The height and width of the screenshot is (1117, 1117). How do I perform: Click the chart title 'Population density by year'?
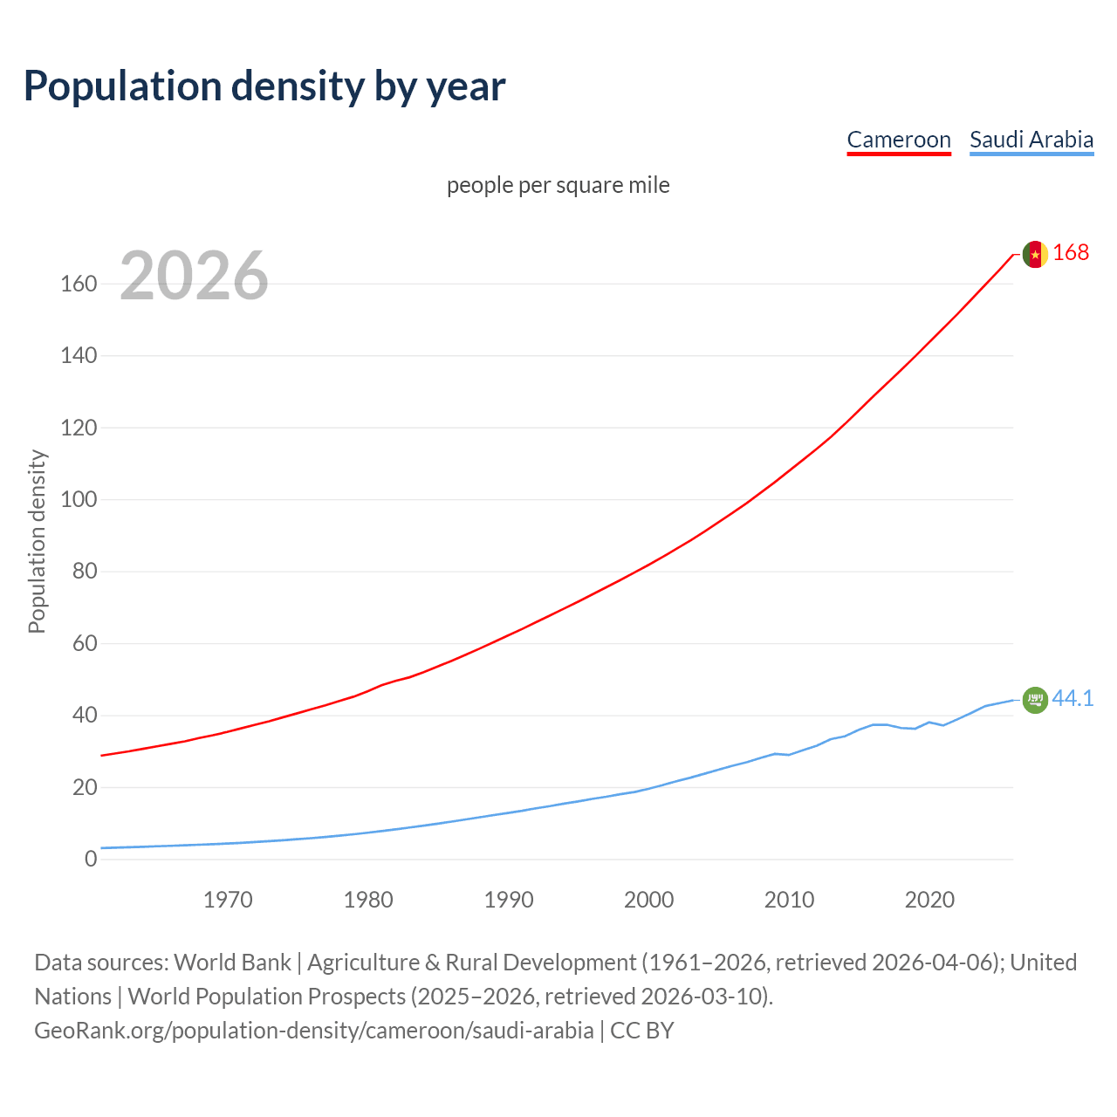[x=264, y=86]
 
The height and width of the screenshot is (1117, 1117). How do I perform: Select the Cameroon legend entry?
[x=899, y=140]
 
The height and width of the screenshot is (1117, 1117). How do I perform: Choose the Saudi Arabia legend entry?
[x=1031, y=140]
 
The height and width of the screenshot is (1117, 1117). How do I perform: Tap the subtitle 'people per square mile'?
[x=558, y=185]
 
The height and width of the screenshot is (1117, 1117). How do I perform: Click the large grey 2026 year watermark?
[x=194, y=276]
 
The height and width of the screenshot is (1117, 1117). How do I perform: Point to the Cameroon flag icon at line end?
[x=1035, y=254]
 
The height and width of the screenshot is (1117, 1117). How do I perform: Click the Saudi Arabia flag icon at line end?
[x=1035, y=700]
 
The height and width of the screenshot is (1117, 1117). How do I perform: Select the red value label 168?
[x=1071, y=253]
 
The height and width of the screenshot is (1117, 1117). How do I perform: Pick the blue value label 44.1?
[x=1072, y=698]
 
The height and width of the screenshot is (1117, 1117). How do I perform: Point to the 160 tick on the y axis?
[x=79, y=284]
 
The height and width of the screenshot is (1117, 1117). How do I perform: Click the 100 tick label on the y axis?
[x=79, y=500]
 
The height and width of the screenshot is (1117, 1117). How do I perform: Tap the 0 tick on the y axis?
[x=91, y=860]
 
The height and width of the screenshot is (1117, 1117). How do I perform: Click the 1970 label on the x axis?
[x=228, y=900]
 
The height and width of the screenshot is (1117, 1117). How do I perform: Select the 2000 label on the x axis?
[x=648, y=900]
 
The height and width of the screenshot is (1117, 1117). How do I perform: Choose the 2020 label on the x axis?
[x=929, y=900]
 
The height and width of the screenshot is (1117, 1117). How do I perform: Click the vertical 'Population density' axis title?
[x=37, y=541]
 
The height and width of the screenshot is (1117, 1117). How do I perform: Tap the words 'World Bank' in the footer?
[x=232, y=963]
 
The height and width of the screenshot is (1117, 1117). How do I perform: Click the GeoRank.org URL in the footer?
[x=314, y=1031]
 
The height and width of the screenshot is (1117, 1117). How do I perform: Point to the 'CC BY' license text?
[x=642, y=1031]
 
